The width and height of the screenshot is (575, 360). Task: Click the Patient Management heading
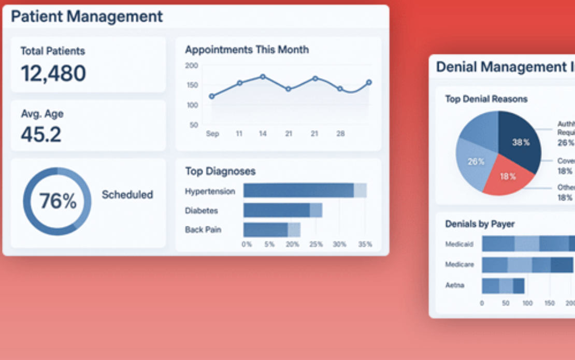(x=87, y=17)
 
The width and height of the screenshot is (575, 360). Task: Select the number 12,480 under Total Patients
(x=53, y=74)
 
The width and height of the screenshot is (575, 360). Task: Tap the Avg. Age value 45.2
(x=41, y=134)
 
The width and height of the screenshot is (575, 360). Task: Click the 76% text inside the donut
(x=57, y=201)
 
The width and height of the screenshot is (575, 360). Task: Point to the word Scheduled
(x=127, y=195)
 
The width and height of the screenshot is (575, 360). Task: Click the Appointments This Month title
(x=247, y=50)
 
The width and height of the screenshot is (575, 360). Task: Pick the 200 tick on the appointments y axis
(x=192, y=65)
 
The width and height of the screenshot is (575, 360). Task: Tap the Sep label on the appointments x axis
(x=212, y=134)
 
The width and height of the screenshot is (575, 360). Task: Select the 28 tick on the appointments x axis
(x=340, y=134)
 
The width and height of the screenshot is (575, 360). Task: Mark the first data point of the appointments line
(x=211, y=96)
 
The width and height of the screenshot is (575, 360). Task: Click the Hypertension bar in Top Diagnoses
(x=305, y=191)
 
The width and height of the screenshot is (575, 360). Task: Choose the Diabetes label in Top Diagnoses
(x=202, y=211)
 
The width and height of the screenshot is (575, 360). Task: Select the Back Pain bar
(x=271, y=230)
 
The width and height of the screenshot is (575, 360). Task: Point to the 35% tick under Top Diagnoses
(x=365, y=244)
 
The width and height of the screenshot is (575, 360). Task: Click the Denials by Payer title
(x=480, y=224)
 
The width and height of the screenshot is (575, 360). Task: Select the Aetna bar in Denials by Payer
(x=503, y=286)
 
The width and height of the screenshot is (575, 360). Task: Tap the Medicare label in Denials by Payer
(x=459, y=265)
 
